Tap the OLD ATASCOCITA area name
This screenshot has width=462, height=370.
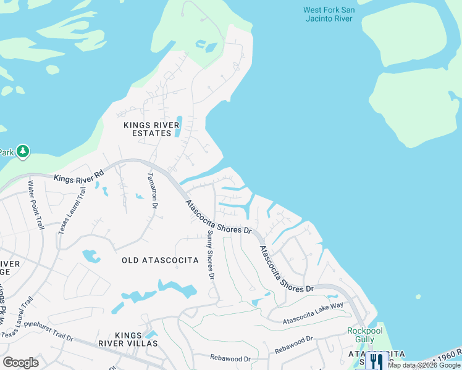pos(160,260)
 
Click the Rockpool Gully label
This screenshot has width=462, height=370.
pos(365,335)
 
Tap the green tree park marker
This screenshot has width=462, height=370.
pos(23,151)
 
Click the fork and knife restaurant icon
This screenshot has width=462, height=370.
pos(374,361)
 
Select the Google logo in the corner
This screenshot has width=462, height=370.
pos(20,362)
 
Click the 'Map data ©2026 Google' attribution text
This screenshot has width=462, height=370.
pos(424,365)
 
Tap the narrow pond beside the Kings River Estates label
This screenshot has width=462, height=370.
pos(178,126)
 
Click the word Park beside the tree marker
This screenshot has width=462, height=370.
pos(6,152)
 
